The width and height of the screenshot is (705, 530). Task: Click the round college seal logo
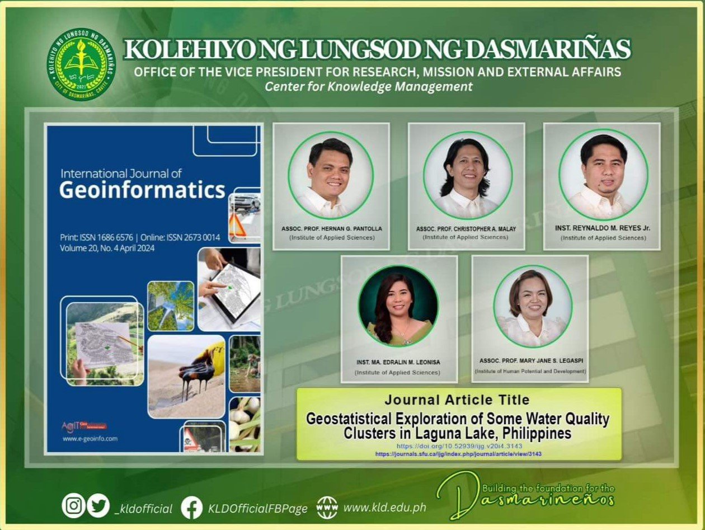[82, 63]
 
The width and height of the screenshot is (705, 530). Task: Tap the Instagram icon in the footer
[73, 506]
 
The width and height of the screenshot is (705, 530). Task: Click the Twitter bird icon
[99, 506]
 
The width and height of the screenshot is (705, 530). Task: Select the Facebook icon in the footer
[192, 508]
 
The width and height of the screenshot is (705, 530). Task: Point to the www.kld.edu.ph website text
[384, 508]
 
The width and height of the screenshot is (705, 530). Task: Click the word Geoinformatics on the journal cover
[142, 190]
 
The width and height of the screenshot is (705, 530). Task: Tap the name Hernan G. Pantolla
[331, 229]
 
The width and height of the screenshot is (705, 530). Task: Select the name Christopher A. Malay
[466, 229]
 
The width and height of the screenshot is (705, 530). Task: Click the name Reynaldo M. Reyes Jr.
[602, 229]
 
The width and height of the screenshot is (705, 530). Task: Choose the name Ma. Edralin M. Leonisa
[398, 363]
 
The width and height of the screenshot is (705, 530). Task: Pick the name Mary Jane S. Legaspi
[530, 361]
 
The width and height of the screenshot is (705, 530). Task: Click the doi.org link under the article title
[459, 446]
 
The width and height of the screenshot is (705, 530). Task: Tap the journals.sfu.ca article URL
[459, 454]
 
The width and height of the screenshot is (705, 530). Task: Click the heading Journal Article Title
[457, 400]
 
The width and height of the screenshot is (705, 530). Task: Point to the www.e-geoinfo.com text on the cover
[90, 439]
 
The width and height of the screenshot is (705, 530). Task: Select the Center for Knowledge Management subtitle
[369, 87]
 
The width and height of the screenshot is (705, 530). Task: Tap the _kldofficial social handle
[143, 508]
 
